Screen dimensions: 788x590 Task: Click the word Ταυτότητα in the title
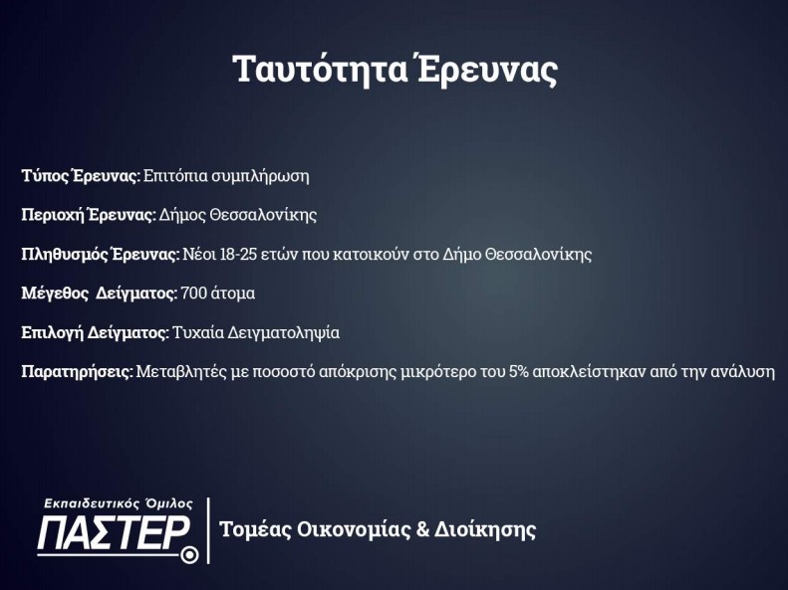pos(320,70)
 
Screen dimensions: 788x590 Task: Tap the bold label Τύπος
pos(44,176)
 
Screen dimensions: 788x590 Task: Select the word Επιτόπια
pos(175,176)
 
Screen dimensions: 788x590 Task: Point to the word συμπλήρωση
pos(260,177)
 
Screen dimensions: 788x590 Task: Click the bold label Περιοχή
pos(51,215)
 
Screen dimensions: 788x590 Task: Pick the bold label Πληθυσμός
pos(64,255)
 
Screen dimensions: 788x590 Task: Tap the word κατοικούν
pos(371,254)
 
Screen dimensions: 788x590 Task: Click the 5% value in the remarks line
pos(519,372)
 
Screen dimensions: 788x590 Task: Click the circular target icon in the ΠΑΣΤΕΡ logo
pos(189,554)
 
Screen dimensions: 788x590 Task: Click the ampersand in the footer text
pos(423,529)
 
